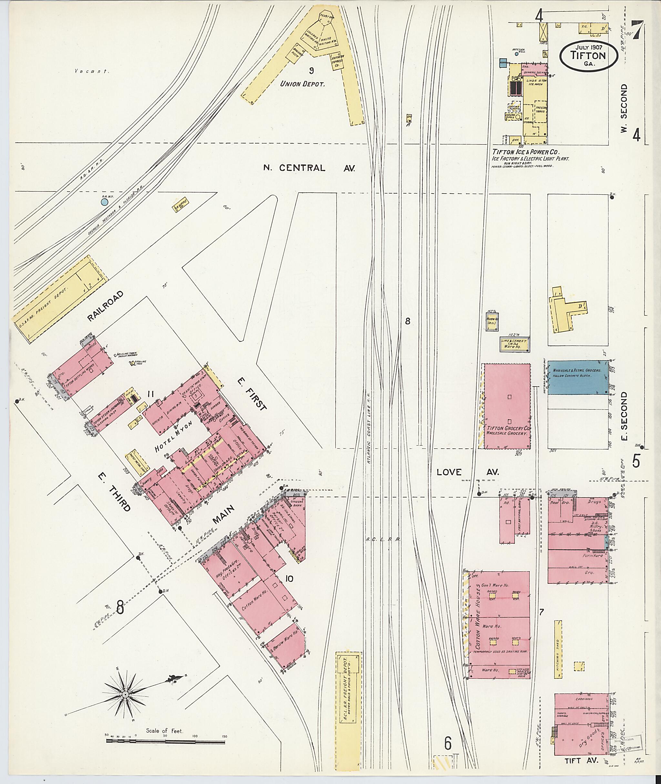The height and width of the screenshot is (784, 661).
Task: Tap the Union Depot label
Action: point(302,84)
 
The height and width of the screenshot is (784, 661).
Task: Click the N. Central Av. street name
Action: point(309,168)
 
